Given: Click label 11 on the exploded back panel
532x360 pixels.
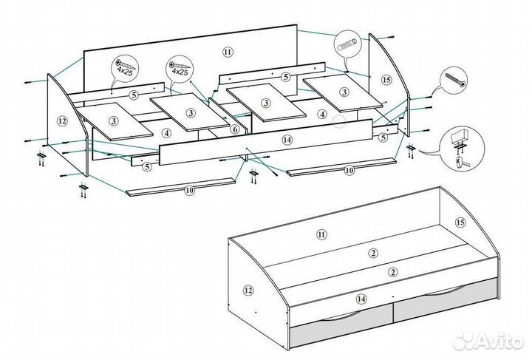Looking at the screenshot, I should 227,51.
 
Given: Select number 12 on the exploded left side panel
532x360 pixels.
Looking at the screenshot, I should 62,120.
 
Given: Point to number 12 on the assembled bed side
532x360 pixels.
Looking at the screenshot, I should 248,290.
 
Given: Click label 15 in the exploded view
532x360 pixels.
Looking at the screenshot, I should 385,79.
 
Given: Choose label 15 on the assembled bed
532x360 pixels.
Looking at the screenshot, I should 460,223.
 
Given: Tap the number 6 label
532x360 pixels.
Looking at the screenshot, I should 234,129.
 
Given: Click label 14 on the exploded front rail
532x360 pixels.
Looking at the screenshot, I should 287,139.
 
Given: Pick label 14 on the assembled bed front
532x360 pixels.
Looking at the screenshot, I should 361,299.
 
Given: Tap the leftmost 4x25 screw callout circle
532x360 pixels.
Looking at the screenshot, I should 123,69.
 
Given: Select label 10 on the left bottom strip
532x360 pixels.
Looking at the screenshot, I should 189,190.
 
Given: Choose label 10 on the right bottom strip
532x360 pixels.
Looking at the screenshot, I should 349,171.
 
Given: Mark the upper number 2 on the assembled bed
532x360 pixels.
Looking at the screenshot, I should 374,254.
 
